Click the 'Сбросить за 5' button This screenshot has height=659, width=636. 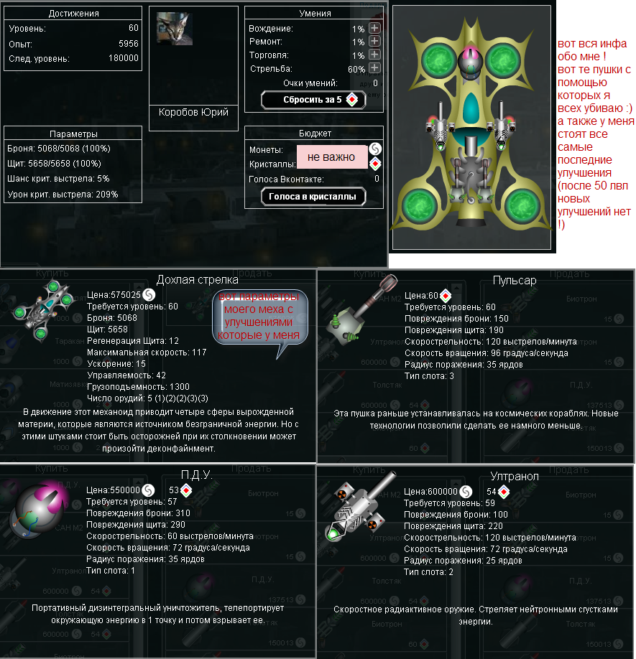313,100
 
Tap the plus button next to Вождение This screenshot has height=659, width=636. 374,28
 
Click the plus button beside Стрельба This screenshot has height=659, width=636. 374,69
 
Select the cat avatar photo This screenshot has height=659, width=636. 175,29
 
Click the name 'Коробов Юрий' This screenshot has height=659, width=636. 193,112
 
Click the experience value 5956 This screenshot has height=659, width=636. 129,43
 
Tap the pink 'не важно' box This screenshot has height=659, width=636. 331,156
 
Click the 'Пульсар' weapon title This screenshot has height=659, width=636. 515,280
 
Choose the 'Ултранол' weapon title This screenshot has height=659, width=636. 515,475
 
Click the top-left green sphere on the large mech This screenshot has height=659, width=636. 435,58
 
